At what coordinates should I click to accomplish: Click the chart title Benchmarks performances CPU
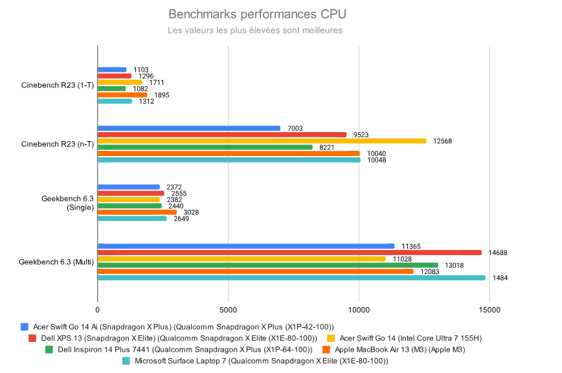coord(257,14)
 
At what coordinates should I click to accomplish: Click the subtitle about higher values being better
coord(254,30)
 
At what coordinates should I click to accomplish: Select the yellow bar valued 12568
coord(262,141)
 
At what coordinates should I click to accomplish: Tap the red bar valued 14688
coord(289,253)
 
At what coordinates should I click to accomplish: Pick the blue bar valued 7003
coord(189,128)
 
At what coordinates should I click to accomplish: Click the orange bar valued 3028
coord(137,212)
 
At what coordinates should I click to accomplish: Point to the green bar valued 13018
coord(267,265)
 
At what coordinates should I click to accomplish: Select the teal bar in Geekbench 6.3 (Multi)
coord(291,278)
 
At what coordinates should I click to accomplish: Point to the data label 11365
coord(412,246)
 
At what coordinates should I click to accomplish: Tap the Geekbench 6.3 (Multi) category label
coord(56,262)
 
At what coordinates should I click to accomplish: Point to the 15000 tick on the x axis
coord(489,310)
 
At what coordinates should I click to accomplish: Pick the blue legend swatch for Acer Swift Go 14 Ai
coord(25,327)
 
